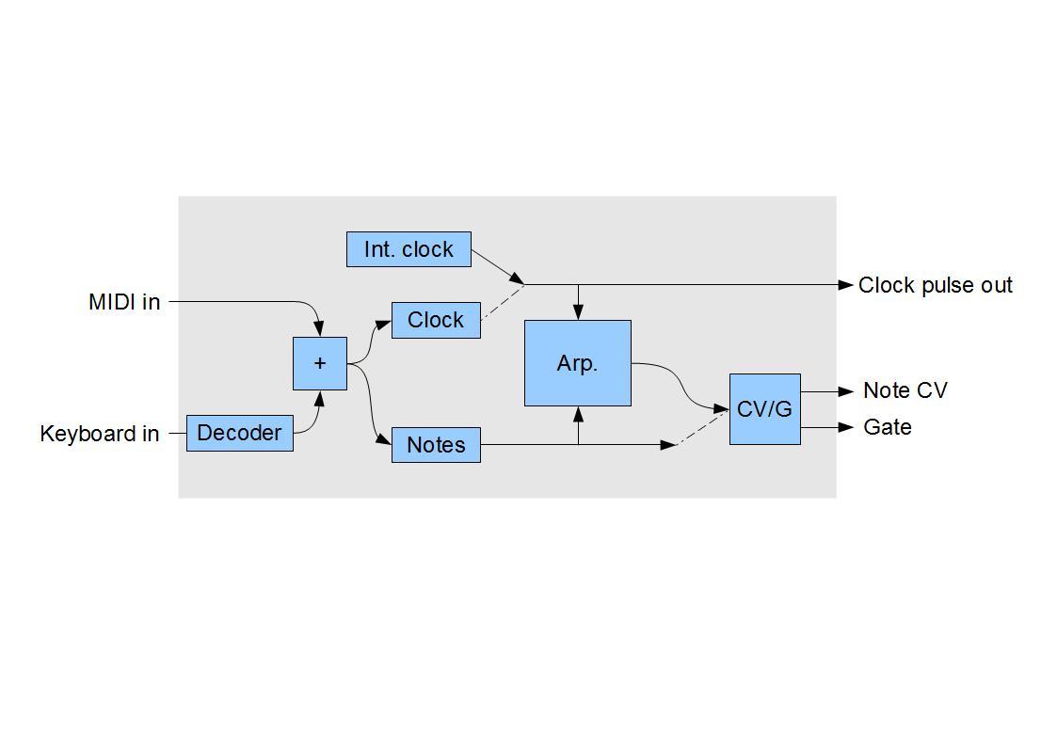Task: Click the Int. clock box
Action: (408, 249)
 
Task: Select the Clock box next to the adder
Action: (436, 320)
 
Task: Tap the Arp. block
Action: (577, 363)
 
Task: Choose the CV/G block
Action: (764, 409)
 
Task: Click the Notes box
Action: (436, 445)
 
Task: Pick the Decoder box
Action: (239, 433)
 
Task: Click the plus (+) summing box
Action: (320, 363)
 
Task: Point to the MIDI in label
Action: (124, 302)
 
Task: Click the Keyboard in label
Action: (100, 434)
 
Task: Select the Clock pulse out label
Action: (935, 285)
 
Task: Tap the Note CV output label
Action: (905, 390)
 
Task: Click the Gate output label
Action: (887, 427)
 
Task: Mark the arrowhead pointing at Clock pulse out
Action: (845, 284)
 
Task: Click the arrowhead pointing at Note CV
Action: (845, 391)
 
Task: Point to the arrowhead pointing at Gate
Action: (845, 427)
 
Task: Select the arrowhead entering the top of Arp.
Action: (578, 312)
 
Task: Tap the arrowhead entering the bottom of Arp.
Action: (578, 414)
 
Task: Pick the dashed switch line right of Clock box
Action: (502, 303)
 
